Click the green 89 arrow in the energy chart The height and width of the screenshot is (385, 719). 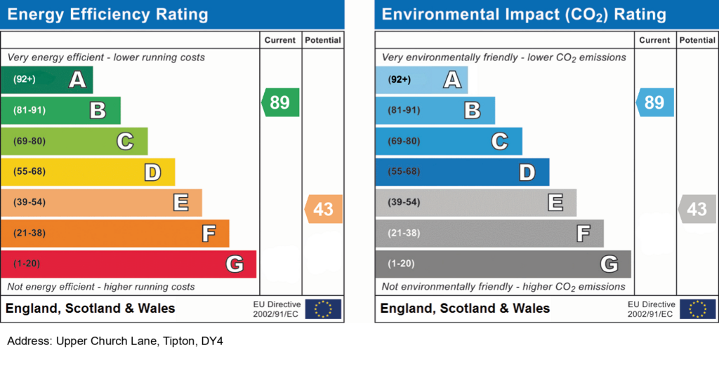281,102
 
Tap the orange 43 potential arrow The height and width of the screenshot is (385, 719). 323,209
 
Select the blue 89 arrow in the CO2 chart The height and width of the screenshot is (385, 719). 655,102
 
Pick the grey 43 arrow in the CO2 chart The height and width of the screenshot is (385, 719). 697,209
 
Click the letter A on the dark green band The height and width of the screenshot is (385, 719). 77,80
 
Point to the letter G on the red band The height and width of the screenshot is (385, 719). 235,264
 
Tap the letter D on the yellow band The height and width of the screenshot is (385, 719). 152,172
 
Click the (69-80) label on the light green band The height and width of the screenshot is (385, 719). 29,141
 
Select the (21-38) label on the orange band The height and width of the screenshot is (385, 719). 29,233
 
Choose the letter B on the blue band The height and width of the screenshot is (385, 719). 473,110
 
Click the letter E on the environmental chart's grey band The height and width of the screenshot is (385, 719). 555,203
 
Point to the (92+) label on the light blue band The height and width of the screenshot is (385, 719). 399,79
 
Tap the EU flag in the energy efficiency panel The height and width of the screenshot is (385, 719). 323,309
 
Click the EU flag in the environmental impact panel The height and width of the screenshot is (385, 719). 697,309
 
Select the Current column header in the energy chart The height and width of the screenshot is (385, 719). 279,40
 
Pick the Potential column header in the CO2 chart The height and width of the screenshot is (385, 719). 697,40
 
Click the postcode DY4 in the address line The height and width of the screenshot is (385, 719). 212,341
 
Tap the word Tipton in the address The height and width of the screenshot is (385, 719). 179,342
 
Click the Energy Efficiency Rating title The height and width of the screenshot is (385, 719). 107,15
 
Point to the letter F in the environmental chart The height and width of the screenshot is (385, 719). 583,234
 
